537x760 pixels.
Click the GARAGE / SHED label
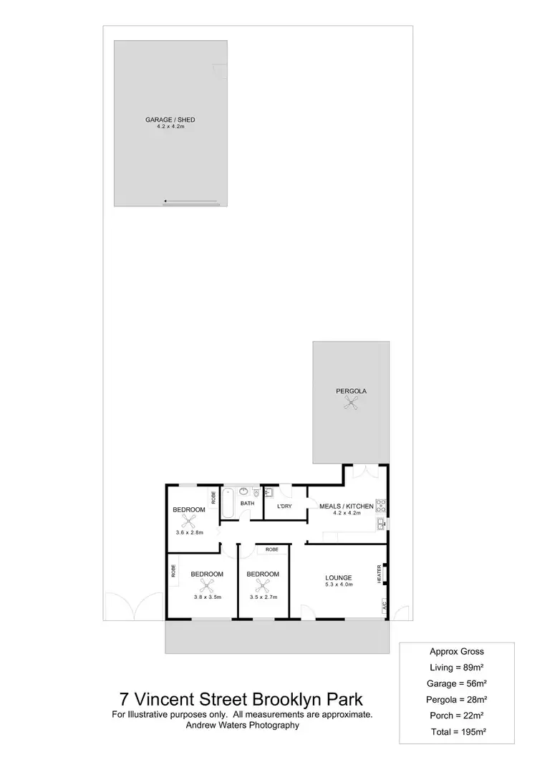click(x=170, y=120)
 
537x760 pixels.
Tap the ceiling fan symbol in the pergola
click(x=351, y=405)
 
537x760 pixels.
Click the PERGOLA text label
click(x=351, y=391)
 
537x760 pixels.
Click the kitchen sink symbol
click(x=378, y=526)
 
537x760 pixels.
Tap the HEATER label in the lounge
click(x=379, y=573)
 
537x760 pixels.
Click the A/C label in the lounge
click(x=384, y=605)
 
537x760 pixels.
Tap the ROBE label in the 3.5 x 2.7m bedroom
click(x=271, y=549)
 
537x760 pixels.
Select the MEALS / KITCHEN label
click(x=346, y=506)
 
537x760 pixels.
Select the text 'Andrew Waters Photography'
click(x=241, y=725)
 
